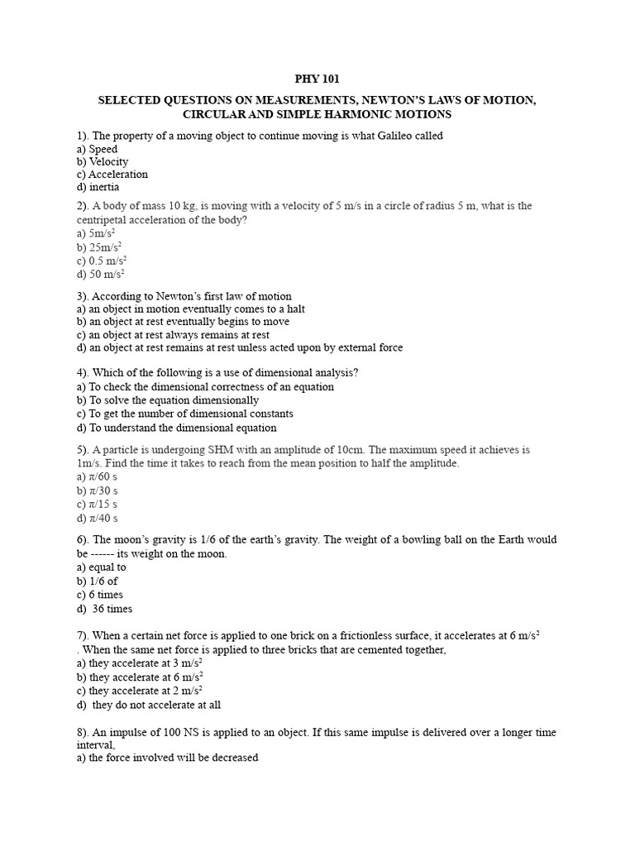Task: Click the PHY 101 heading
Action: tap(317, 79)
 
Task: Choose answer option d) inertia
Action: tap(98, 187)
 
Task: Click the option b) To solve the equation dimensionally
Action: tap(167, 400)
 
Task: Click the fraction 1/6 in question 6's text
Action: tap(210, 540)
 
